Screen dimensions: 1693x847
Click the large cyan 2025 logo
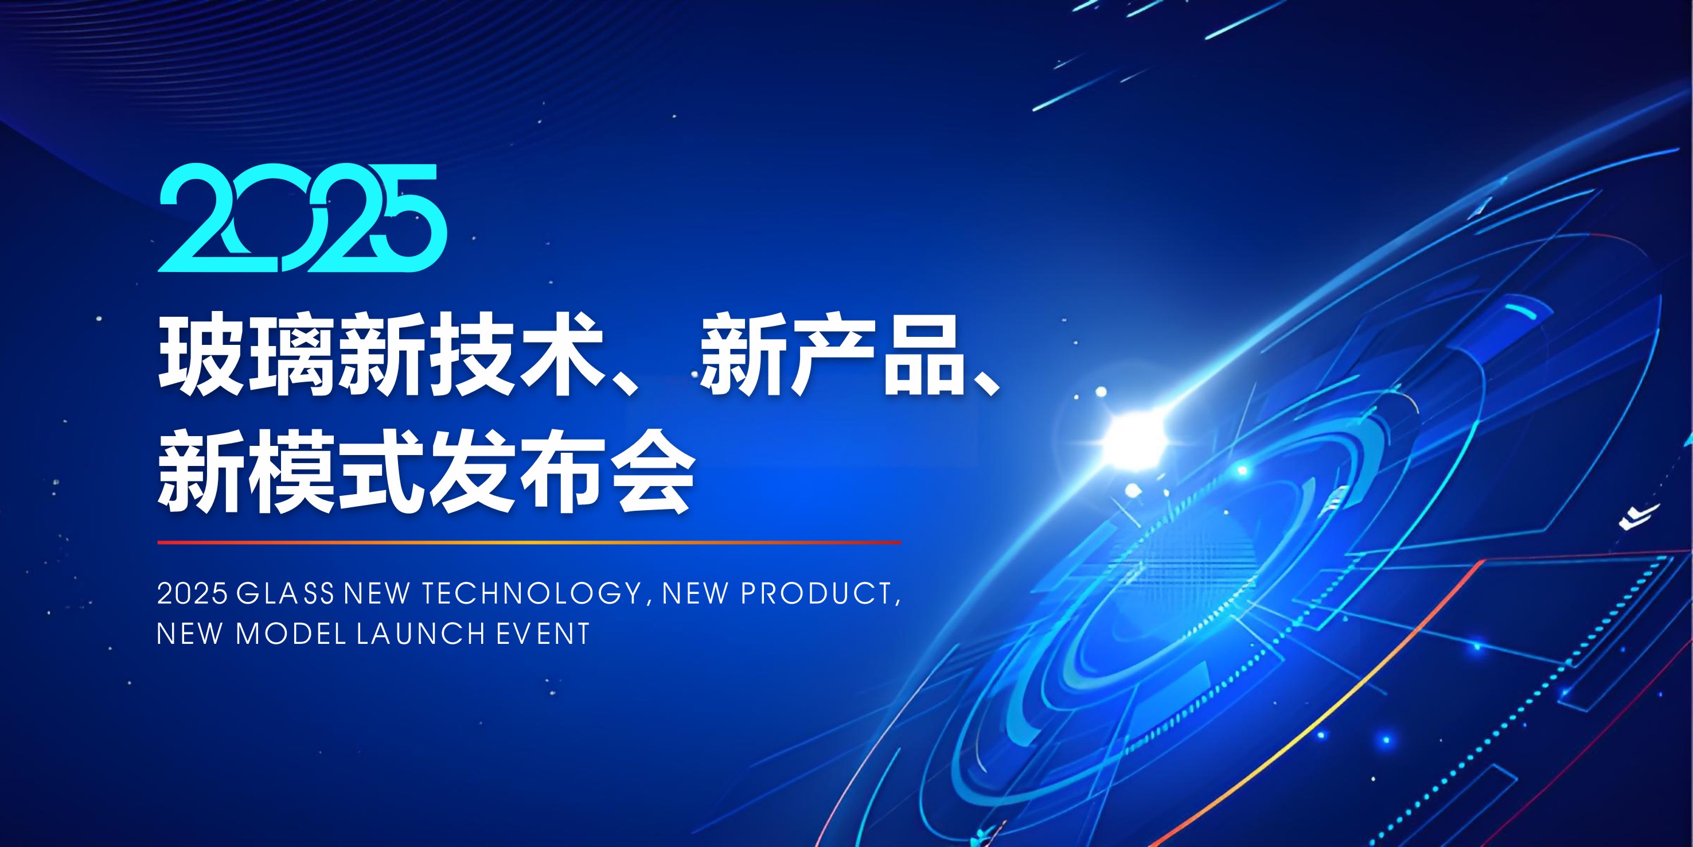tap(303, 217)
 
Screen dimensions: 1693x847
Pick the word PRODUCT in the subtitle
tap(816, 593)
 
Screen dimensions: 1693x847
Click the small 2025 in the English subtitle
tap(192, 593)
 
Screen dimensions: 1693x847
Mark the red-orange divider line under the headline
tap(529, 542)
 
